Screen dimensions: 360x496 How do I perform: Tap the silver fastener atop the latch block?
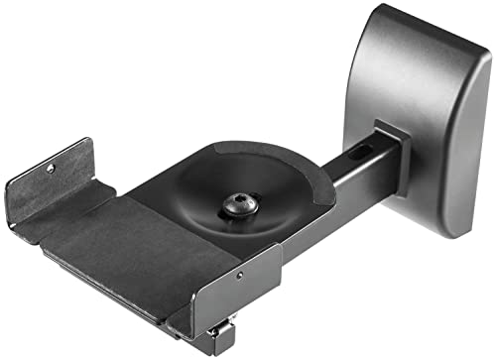pyautogui.click(x=219, y=322)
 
